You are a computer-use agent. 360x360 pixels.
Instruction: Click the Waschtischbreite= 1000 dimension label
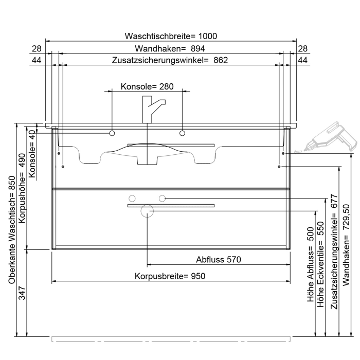pos(171,36)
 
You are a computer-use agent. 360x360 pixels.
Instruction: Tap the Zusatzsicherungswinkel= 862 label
pos(170,60)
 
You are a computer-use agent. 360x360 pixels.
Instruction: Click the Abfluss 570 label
pos(219,259)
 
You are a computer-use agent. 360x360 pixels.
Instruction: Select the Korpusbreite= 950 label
pos(170,276)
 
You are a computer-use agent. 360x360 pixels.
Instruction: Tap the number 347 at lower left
pos(21,294)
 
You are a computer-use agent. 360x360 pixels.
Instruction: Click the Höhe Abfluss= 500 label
pos(310,265)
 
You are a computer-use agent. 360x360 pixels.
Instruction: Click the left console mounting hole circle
pos(112,134)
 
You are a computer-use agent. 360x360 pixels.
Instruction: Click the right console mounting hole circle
pos(182,134)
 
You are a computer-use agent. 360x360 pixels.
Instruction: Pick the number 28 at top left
pos(37,48)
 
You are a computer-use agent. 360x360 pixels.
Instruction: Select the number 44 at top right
pos(303,60)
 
